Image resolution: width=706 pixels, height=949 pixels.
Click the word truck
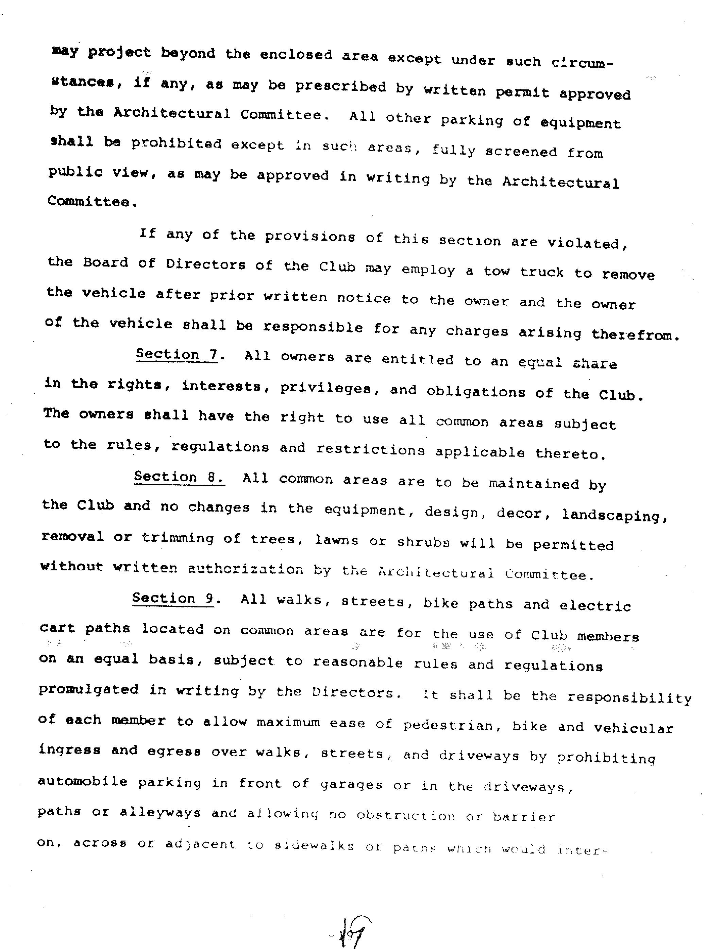[x=541, y=273]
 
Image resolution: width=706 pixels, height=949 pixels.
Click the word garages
[x=351, y=785]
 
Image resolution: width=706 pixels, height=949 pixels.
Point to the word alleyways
[x=160, y=812]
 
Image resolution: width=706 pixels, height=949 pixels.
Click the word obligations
[x=475, y=392]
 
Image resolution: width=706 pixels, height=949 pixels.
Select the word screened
[x=521, y=152]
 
